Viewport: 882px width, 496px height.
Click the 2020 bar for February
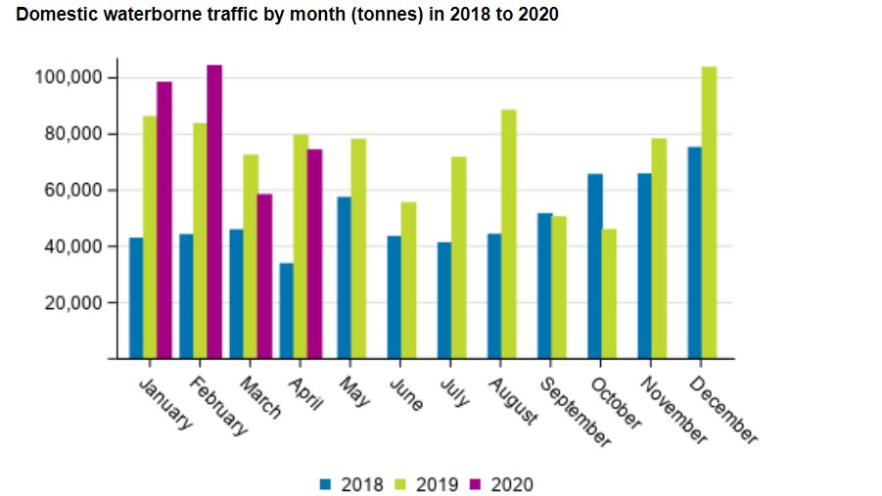pos(214,212)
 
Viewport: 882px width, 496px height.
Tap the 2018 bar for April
pos(286,311)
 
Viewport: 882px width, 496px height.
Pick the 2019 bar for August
pos(507,235)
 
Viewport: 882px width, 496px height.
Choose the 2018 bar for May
pos(344,278)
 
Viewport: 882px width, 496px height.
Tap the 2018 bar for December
pos(695,253)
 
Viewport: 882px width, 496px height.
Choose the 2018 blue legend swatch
pos(326,484)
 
